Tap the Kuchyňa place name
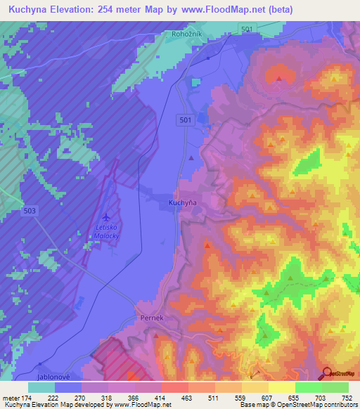tap(182, 202)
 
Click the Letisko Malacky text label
tap(105, 232)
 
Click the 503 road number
tap(30, 211)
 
